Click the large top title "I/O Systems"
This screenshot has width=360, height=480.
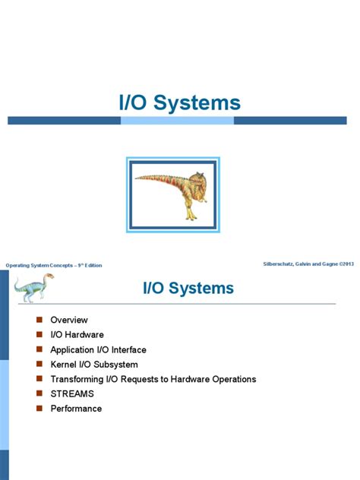tap(179, 103)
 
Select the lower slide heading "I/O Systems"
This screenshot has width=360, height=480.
tap(188, 289)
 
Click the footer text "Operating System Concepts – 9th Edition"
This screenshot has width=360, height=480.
tap(54, 265)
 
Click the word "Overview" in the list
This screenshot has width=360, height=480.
tap(69, 321)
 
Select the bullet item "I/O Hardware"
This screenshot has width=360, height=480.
tap(77, 335)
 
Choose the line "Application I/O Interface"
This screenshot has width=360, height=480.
tap(98, 350)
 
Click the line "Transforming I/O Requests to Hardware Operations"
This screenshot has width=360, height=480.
tap(153, 379)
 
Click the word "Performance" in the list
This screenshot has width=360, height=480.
tap(76, 409)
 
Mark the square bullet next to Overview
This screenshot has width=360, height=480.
tap(39, 320)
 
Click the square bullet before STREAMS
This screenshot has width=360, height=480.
tap(39, 393)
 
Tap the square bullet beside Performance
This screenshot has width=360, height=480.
tap(39, 408)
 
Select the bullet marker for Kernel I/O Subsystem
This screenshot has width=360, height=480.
tap(39, 364)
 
